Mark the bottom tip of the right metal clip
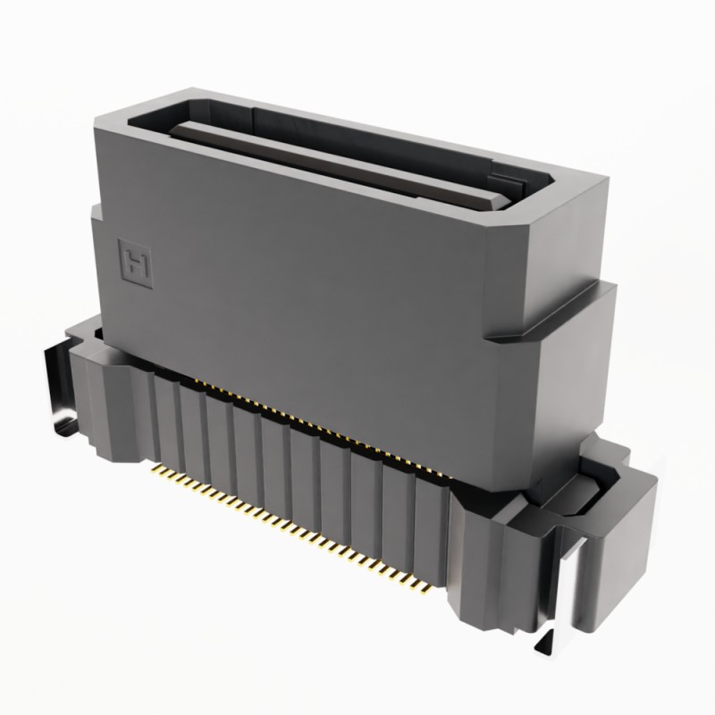click(547, 645)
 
